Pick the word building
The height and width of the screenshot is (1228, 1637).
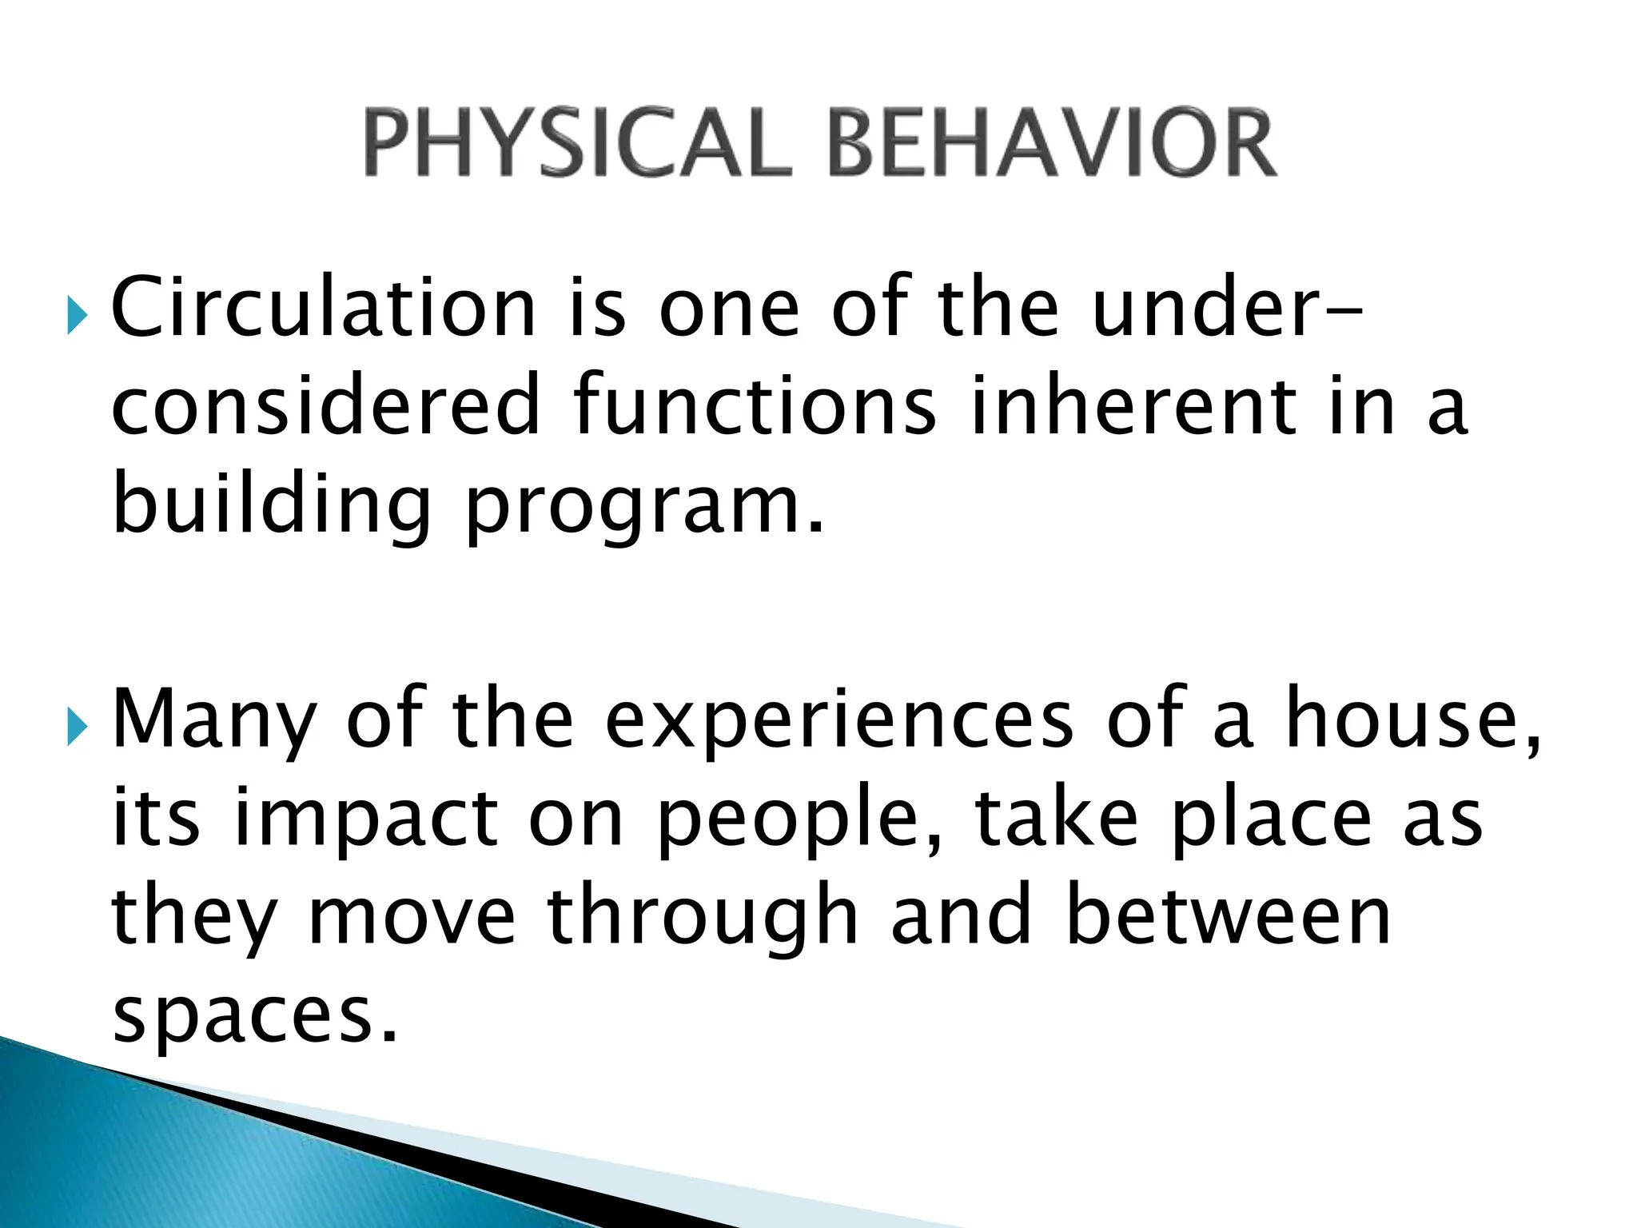(272, 505)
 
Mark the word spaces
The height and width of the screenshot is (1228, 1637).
(254, 1017)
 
